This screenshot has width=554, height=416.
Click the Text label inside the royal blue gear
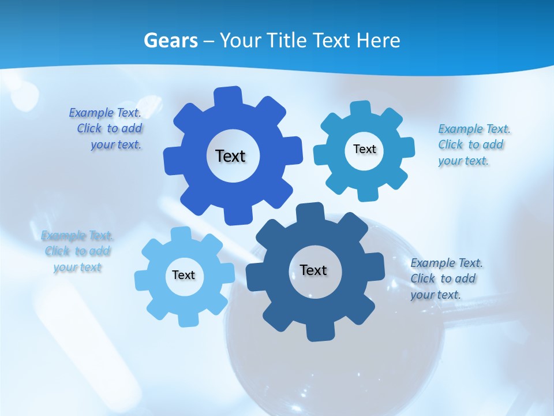point(231,156)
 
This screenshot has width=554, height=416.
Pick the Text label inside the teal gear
point(364,149)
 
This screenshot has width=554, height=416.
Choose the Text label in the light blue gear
point(184,275)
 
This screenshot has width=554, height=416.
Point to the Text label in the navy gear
point(313,270)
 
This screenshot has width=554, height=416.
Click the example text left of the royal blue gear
point(107,129)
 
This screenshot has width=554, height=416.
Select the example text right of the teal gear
point(473,144)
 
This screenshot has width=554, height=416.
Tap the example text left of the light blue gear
point(77,251)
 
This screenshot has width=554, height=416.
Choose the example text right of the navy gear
point(446,278)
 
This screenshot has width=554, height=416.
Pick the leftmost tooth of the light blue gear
point(142,278)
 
